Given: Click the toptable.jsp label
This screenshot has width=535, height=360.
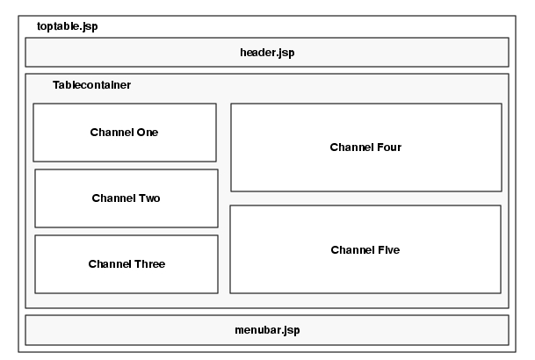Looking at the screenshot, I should point(67,26).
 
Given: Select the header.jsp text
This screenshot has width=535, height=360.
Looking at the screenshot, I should point(267,52).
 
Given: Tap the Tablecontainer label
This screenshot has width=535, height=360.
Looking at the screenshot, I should point(91,85).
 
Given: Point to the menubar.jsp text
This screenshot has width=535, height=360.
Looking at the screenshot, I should point(267,330).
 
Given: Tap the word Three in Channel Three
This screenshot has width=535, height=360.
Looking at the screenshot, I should point(149,264).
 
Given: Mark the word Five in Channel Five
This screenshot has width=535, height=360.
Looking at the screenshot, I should point(387,250).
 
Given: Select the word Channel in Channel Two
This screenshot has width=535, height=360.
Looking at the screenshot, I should point(112,198).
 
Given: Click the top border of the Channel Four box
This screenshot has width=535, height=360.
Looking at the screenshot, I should point(365,104).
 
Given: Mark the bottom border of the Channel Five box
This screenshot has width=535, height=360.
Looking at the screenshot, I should point(365,293).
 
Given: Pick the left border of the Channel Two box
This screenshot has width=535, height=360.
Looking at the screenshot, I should point(35,198).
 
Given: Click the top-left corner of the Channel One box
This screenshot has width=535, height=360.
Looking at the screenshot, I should point(33,104).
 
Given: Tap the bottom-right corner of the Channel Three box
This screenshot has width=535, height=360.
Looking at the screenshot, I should point(218,293).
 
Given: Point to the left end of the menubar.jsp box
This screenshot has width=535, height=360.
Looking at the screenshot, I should point(25,330).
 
